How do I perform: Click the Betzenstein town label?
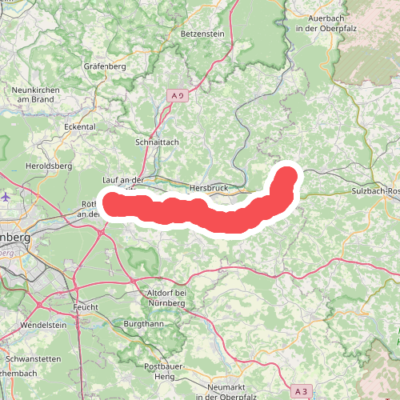206,34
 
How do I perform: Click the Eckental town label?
80,126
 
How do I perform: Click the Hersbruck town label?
210,188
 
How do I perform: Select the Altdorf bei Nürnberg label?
167,298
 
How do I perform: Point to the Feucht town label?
83,306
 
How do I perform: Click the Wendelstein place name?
43,326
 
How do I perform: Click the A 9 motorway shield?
178,96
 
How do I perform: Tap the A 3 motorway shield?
300,391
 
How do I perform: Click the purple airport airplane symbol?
7,195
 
